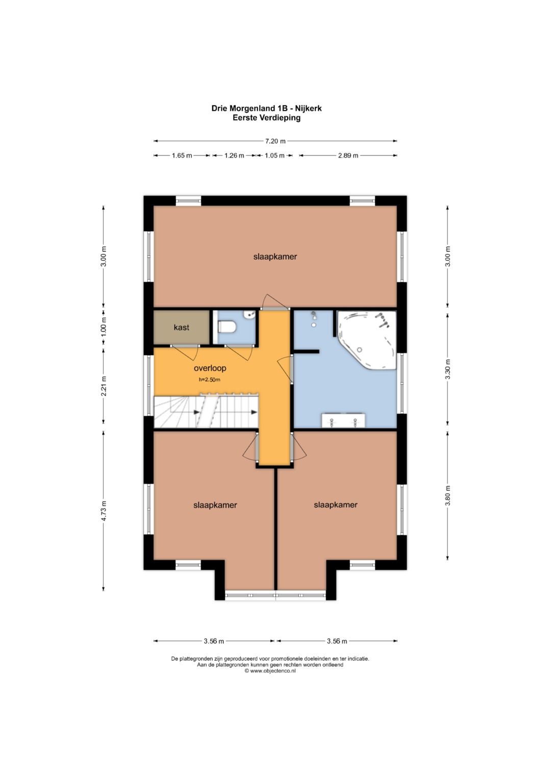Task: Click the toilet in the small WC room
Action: [227, 327]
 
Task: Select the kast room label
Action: [181, 327]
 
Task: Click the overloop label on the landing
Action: [210, 368]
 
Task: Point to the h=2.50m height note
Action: [209, 380]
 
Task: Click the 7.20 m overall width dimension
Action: [275, 141]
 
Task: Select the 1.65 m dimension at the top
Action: [182, 156]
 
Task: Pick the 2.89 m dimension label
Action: [348, 156]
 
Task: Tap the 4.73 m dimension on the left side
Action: [103, 511]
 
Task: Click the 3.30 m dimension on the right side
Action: [448, 369]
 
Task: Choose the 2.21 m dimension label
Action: [103, 386]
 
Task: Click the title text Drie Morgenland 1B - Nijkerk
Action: [266, 108]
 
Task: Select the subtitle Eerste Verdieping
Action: [266, 117]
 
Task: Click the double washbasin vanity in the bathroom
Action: [343, 420]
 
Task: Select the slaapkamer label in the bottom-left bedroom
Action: [215, 506]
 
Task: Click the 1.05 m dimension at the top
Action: [274, 156]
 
